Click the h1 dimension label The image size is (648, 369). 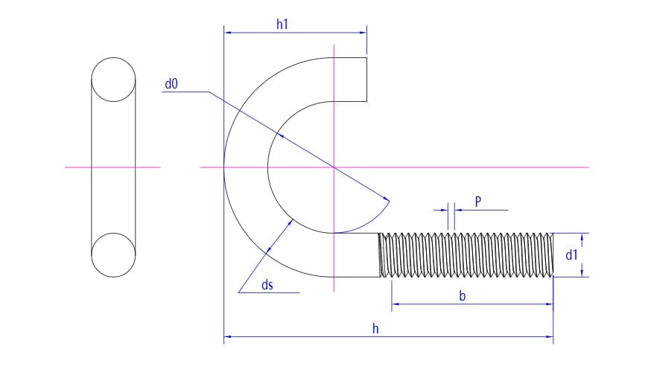coord(282,25)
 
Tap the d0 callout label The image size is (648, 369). coord(171,84)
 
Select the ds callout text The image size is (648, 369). coord(267,285)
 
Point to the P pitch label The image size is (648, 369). coord(478,202)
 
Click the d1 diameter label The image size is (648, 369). coord(571,255)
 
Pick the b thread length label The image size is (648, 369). coord(463,295)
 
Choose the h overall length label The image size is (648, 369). coord(375,329)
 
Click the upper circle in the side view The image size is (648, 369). coord(113,80)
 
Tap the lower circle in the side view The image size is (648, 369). coord(113,255)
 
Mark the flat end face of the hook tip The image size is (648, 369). coord(366,80)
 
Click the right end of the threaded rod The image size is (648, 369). coord(553,255)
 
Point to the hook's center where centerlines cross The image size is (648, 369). coord(334,167)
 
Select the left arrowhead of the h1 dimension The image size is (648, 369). coord(227,33)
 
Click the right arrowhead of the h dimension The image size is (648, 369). coord(550,337)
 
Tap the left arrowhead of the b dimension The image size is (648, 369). coord(395,304)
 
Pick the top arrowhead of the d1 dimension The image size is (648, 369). coord(582,237)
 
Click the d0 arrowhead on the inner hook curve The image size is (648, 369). coord(281,135)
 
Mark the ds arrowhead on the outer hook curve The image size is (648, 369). coord(269,250)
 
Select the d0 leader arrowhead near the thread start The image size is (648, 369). coord(386,199)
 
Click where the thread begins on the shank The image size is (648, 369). coord(379,255)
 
